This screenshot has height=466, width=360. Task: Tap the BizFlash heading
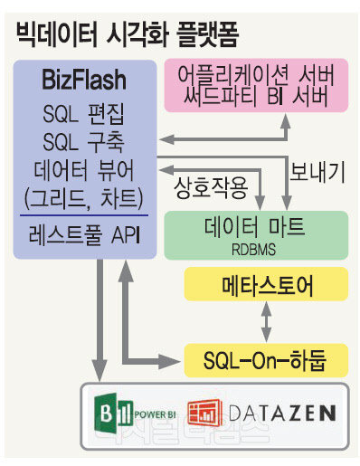pos(84,81)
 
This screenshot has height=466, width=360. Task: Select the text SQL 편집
pos(84,114)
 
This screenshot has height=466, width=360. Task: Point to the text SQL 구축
pos(84,142)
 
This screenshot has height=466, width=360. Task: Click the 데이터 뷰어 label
pos(84,171)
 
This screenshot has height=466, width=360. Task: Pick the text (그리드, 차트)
pos(84,199)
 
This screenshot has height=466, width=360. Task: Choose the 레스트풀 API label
pos(84,237)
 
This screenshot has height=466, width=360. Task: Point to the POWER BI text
pos(154,415)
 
